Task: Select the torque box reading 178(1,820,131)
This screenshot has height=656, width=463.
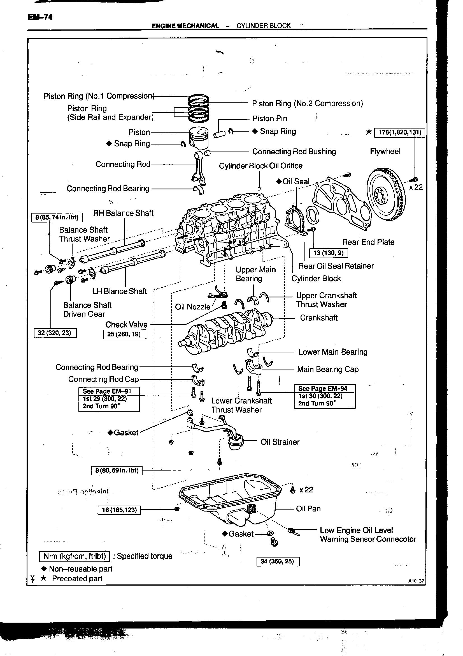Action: point(399,132)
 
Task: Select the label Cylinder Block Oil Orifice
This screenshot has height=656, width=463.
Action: point(260,166)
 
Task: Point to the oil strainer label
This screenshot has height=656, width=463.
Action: point(280,442)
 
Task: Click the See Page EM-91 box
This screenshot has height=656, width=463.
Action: point(109,399)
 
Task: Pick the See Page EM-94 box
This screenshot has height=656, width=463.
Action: point(325,396)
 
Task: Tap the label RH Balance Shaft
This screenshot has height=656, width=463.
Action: point(123,213)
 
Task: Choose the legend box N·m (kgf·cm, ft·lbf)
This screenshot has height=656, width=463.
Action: point(75,556)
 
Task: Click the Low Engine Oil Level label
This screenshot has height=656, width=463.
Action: point(356,531)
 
